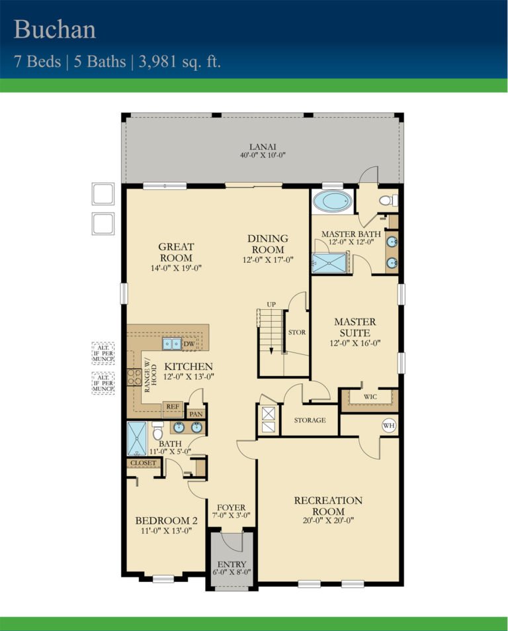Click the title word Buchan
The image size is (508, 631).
(55, 30)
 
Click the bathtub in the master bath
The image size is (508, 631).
(332, 201)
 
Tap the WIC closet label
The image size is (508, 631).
(370, 397)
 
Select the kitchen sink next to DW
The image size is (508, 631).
(172, 344)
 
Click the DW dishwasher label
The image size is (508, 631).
(189, 344)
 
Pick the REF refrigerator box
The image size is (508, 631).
(173, 407)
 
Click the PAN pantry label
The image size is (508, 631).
(196, 414)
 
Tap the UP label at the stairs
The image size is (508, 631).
(271, 305)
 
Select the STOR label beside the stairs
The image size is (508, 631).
(297, 332)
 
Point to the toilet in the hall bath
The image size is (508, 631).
(157, 431)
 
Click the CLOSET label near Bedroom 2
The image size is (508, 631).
(143, 463)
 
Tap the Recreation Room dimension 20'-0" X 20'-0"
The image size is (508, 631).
(328, 520)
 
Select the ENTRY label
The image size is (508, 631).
(231, 565)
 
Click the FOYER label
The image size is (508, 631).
(231, 507)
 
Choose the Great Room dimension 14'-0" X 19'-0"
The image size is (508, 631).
(176, 268)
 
